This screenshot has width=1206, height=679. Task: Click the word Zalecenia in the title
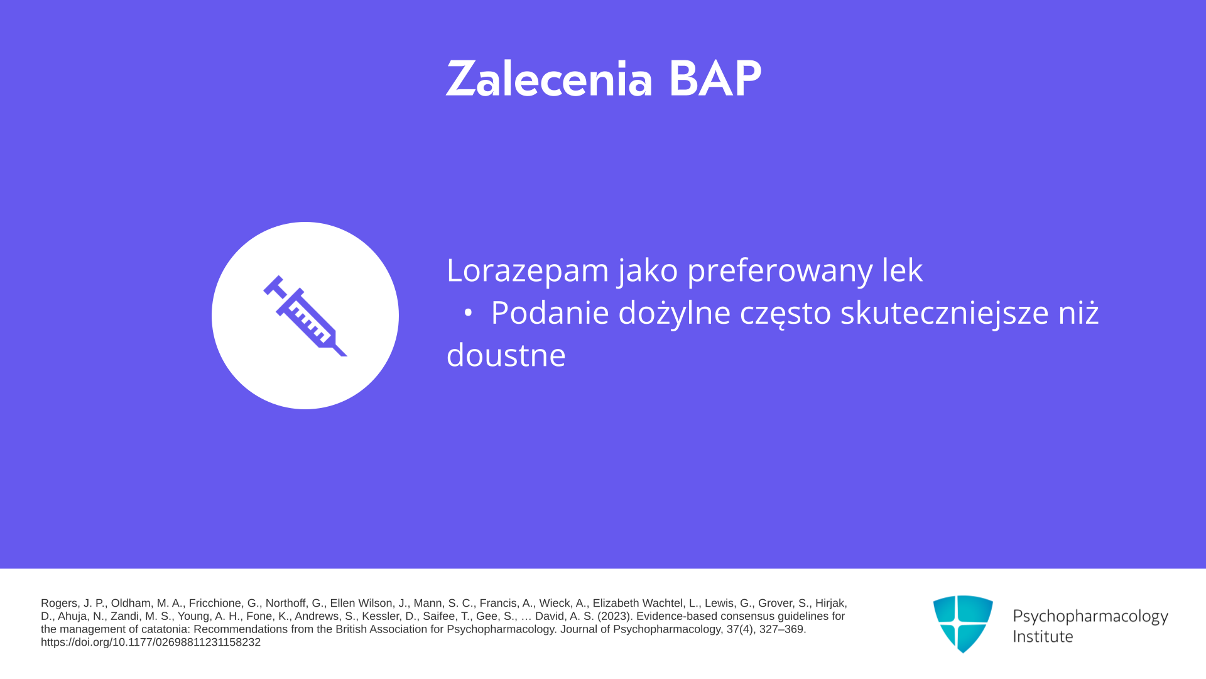pyautogui.click(x=550, y=79)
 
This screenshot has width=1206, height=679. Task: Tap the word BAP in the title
pyautogui.click(x=715, y=79)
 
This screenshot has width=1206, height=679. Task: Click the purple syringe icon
pyautogui.click(x=305, y=316)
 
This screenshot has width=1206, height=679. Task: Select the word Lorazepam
pyautogui.click(x=528, y=270)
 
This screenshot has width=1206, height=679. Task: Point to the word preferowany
pyautogui.click(x=780, y=270)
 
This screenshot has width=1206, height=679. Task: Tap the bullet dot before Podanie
pyautogui.click(x=467, y=312)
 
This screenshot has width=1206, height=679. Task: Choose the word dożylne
pyautogui.click(x=674, y=312)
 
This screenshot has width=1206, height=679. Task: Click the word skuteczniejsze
pyautogui.click(x=945, y=312)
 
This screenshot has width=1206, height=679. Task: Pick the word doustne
pyautogui.click(x=506, y=355)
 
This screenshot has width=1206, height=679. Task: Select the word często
pyautogui.click(x=786, y=314)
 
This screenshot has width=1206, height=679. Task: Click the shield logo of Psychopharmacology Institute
pyautogui.click(x=963, y=624)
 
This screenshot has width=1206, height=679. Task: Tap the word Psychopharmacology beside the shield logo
pyautogui.click(x=1090, y=617)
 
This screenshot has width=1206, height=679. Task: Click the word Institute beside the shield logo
pyautogui.click(x=1043, y=636)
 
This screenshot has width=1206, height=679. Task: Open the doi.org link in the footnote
pyautogui.click(x=151, y=643)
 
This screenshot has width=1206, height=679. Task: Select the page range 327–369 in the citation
pyautogui.click(x=782, y=629)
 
